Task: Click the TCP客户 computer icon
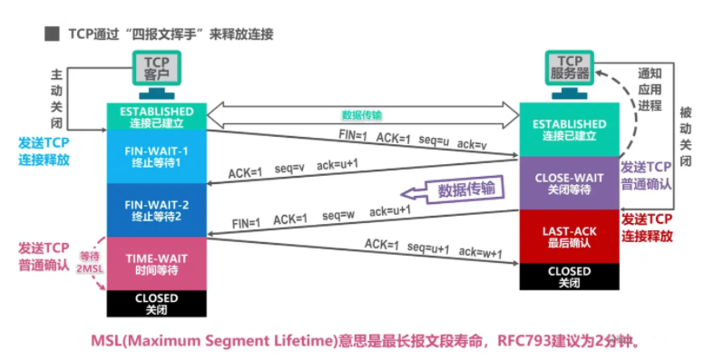click(157, 73)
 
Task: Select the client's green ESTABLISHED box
click(157, 115)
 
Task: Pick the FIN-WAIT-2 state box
click(157, 209)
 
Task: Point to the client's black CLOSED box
click(157, 303)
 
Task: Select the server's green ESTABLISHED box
click(569, 130)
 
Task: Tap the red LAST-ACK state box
click(569, 237)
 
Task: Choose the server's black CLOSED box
click(569, 277)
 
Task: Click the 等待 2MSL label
click(88, 263)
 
